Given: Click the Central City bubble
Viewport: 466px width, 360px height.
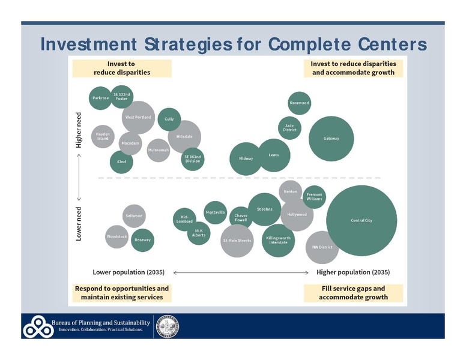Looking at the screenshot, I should tap(362, 220).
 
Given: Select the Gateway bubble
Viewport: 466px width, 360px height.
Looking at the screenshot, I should tap(331, 139).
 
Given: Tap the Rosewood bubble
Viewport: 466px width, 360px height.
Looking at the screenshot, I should tap(299, 103).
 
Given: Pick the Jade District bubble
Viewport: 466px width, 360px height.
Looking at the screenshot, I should tap(289, 128).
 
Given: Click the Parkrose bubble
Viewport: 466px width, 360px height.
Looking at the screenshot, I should tap(100, 97).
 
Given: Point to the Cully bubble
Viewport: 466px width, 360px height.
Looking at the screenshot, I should tap(169, 119).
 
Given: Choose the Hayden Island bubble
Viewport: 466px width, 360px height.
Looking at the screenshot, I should tap(103, 137).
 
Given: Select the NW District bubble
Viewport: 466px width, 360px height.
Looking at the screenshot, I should tap(322, 247).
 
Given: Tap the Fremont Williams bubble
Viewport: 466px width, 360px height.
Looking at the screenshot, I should tap(314, 197).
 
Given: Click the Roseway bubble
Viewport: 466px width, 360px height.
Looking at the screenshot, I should tap(142, 239).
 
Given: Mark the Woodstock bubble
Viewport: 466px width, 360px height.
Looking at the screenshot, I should tap(117, 237).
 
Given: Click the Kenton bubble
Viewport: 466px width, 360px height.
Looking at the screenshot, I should tap(290, 191).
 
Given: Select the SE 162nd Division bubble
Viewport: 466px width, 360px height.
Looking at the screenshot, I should tap(193, 158).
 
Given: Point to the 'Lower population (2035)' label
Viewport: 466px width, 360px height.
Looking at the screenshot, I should tap(129, 272).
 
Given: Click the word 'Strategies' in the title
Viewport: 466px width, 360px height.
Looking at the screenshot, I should tap(204, 44).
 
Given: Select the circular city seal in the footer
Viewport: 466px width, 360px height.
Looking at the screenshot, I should tap(168, 327).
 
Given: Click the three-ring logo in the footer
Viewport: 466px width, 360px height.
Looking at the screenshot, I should tap(37, 328).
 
